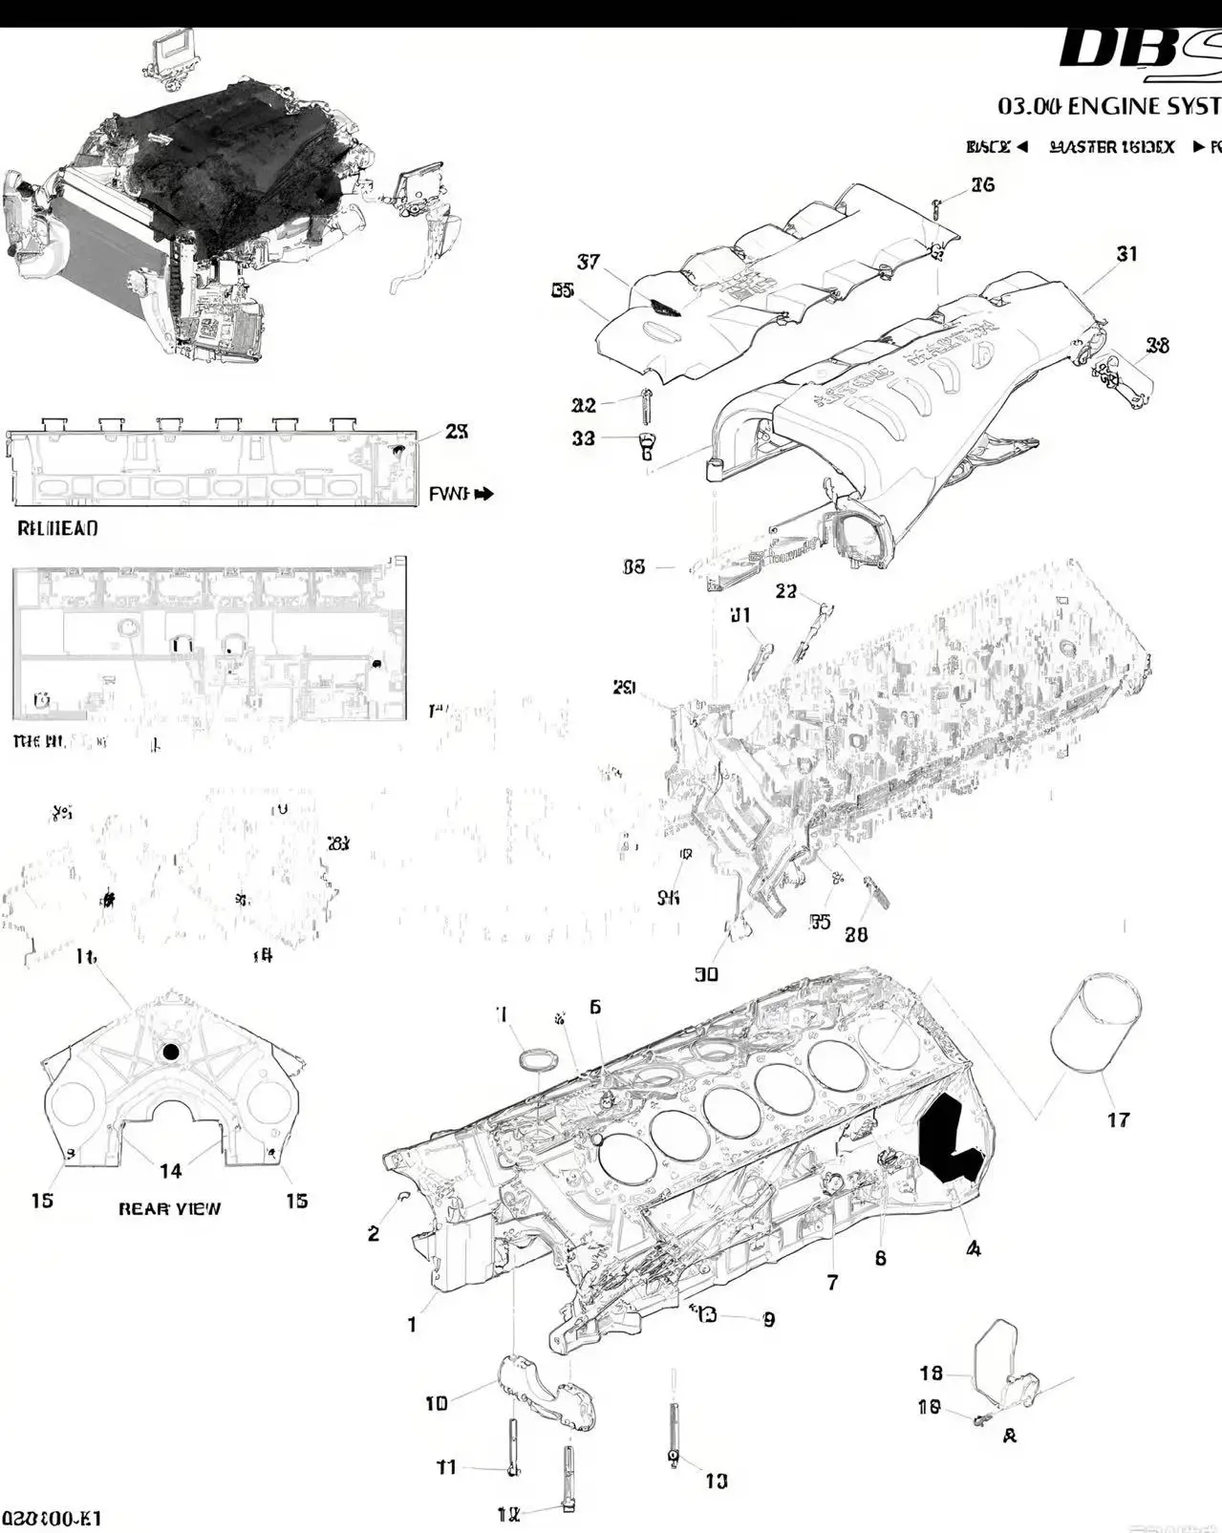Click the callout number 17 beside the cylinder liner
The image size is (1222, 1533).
click(1118, 1119)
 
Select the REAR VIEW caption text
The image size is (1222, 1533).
click(169, 1208)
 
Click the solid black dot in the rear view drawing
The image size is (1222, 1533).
click(171, 1052)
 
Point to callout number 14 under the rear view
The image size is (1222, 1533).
click(170, 1171)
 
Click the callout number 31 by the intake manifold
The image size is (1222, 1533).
click(1127, 254)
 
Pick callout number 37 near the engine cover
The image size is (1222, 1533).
click(589, 262)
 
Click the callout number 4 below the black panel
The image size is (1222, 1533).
click(974, 1247)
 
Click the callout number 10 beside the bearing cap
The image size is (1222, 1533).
click(437, 1403)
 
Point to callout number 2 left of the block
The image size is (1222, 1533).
click(374, 1233)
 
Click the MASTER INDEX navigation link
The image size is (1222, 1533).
click(1112, 147)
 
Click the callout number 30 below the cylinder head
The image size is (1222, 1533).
click(706, 974)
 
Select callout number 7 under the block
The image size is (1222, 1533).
click(832, 1283)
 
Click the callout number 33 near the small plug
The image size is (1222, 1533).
click(583, 437)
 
